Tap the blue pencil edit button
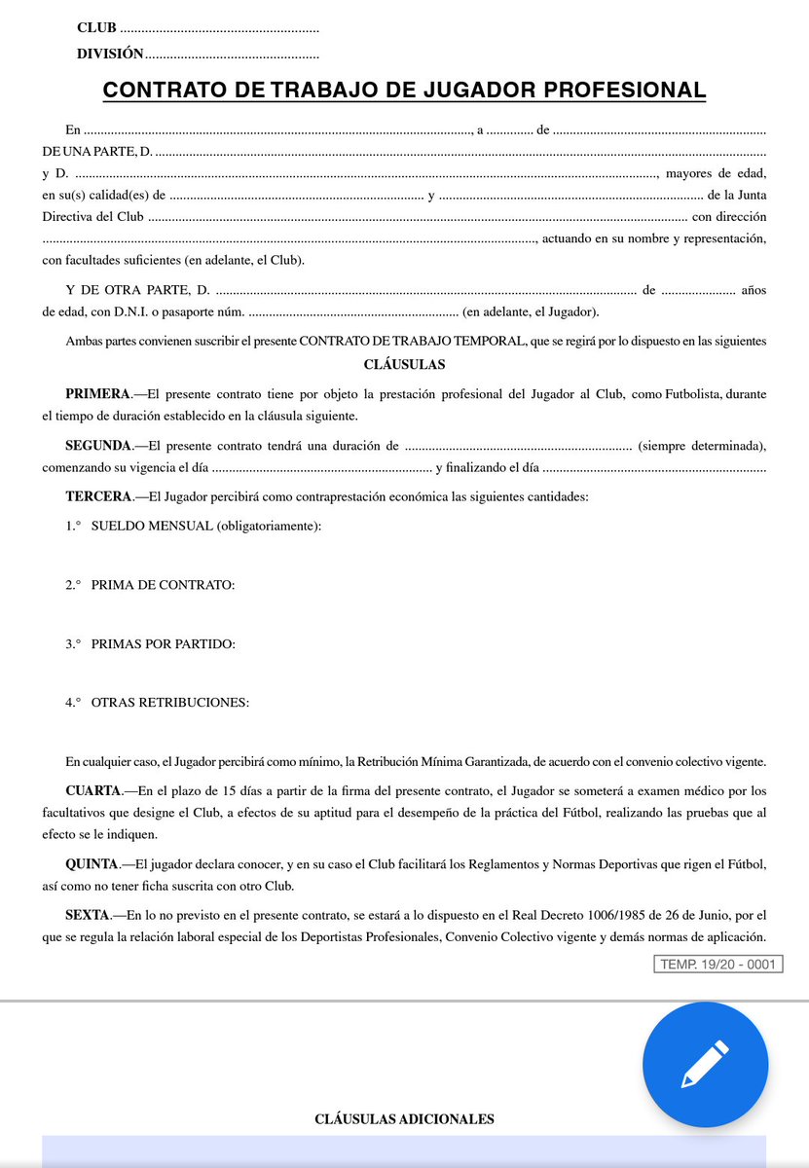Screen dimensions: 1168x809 (x=705, y=1064)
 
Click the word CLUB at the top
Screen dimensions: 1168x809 (x=96, y=28)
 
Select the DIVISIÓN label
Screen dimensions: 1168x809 (x=109, y=55)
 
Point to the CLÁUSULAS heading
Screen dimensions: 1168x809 (x=404, y=365)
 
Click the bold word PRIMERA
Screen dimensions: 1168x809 (x=97, y=394)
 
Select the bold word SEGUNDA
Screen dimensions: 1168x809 (x=98, y=446)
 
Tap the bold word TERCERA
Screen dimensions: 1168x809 (x=97, y=497)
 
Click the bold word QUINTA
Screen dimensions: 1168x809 (x=94, y=863)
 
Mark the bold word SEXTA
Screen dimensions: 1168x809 (x=91, y=915)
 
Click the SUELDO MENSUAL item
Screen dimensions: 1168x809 (x=205, y=527)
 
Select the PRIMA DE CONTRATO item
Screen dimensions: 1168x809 (x=163, y=585)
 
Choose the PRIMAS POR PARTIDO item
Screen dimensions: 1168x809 (x=163, y=643)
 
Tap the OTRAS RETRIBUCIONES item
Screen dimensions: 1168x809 (x=170, y=702)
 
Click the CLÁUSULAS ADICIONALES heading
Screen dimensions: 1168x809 (x=404, y=1119)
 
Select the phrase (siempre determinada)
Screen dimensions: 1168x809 (x=701, y=446)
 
